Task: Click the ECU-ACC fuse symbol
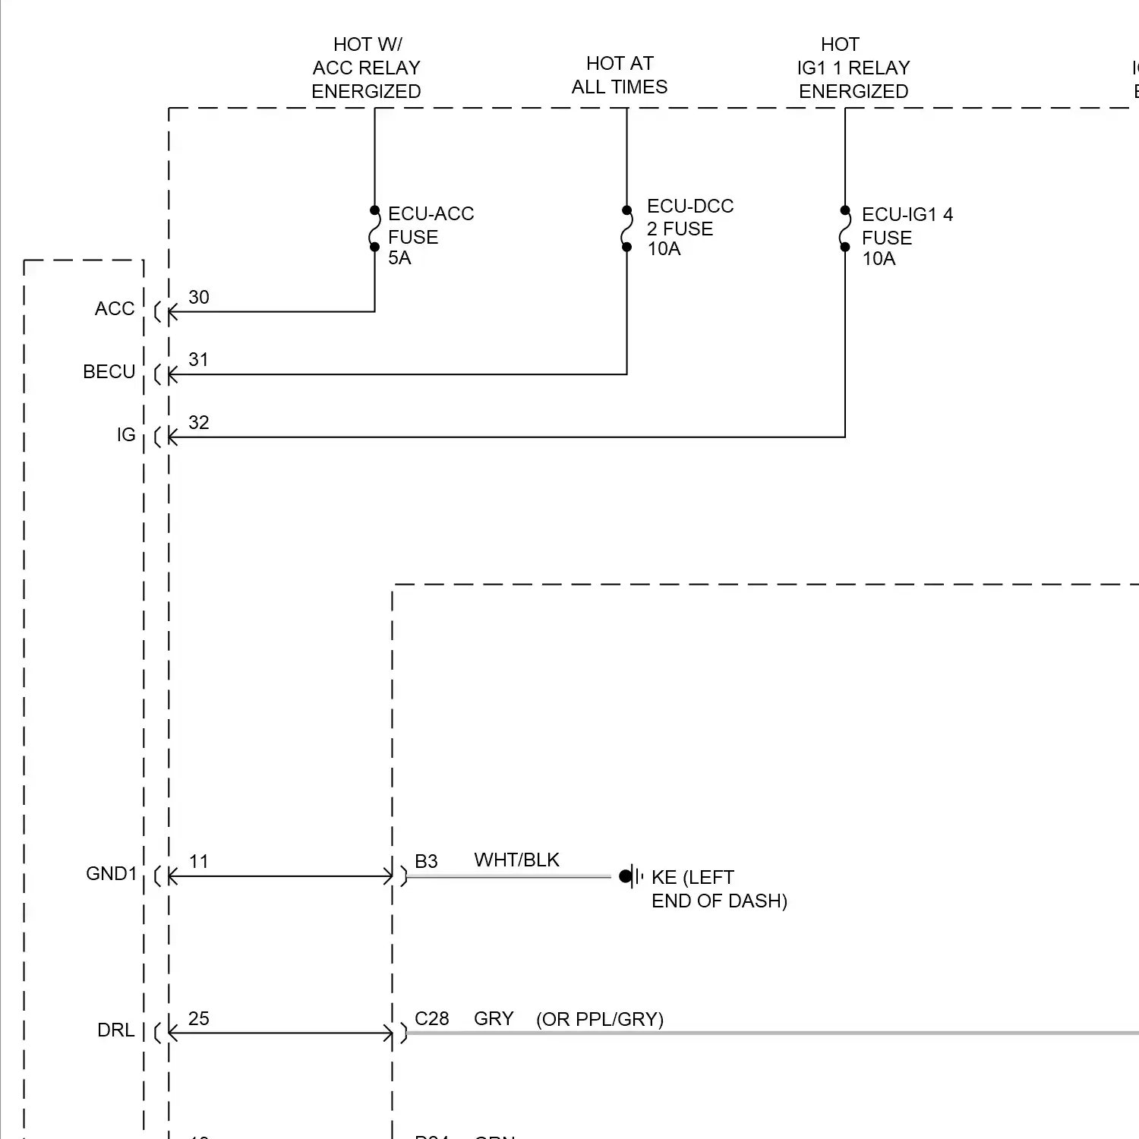pyautogui.click(x=374, y=228)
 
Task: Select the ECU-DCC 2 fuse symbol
pyautogui.click(x=626, y=228)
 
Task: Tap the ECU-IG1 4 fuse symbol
pyautogui.click(x=845, y=228)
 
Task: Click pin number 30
pyautogui.click(x=199, y=298)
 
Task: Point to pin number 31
pyautogui.click(x=199, y=360)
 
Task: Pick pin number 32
pyautogui.click(x=199, y=423)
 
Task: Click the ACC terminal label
pyautogui.click(x=115, y=309)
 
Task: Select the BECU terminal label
pyautogui.click(x=109, y=372)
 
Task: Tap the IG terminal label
pyautogui.click(x=126, y=435)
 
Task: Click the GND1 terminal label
pyautogui.click(x=112, y=874)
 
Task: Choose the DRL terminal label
pyautogui.click(x=116, y=1030)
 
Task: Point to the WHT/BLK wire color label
pyautogui.click(x=516, y=860)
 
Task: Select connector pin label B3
pyautogui.click(x=426, y=862)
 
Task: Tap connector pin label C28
pyautogui.click(x=431, y=1019)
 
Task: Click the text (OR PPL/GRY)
pyautogui.click(x=600, y=1020)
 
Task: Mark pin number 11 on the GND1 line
pyautogui.click(x=199, y=862)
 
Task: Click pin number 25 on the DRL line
pyautogui.click(x=199, y=1019)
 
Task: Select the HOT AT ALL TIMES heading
pyautogui.click(x=620, y=75)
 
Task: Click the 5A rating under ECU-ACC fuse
pyautogui.click(x=399, y=258)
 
